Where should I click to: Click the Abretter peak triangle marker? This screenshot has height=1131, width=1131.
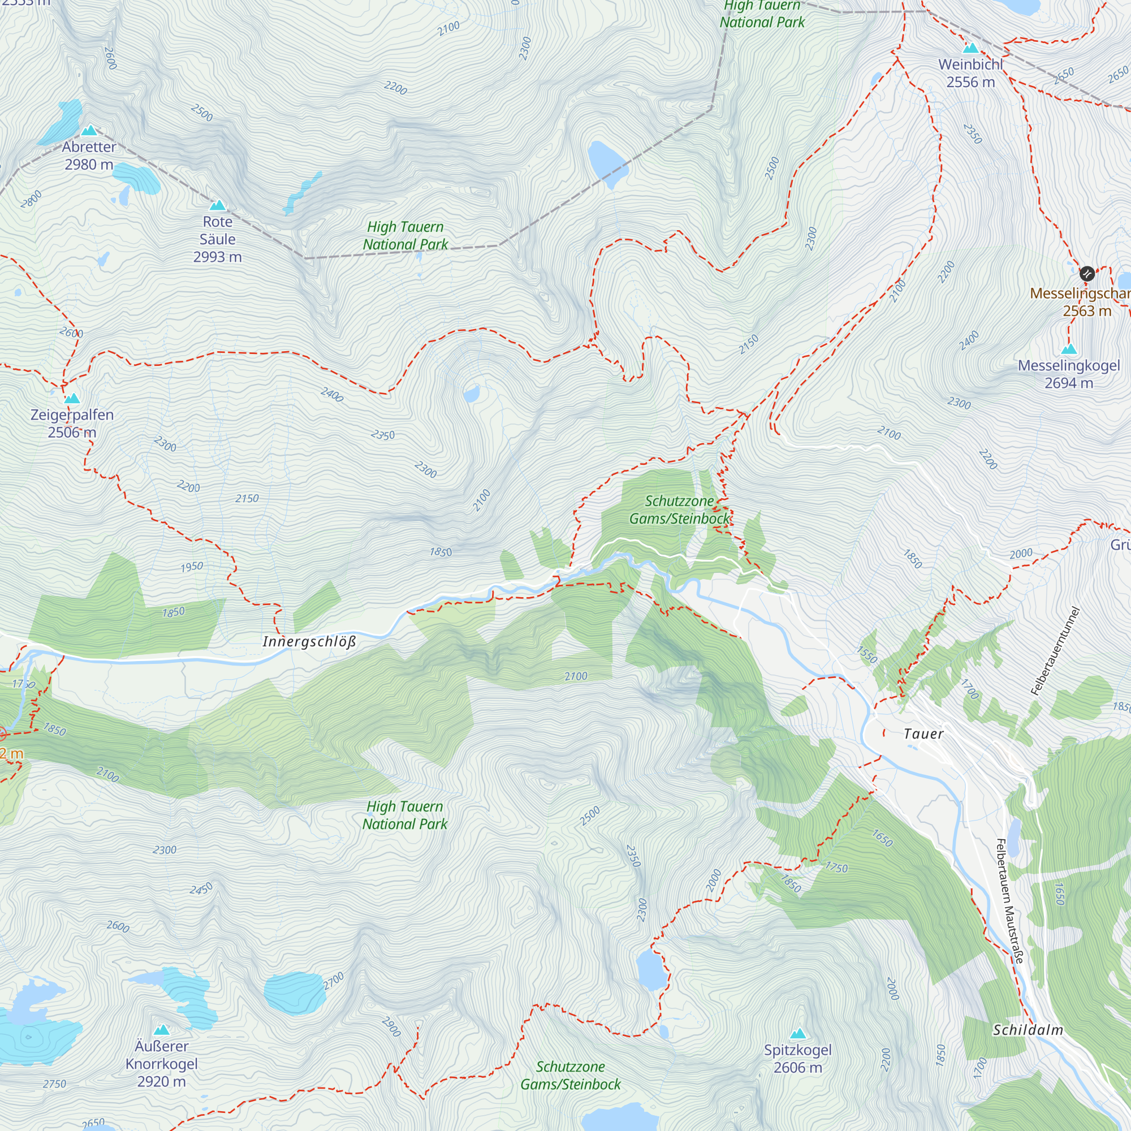click(89, 130)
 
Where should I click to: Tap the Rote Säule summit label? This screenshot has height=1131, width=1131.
click(217, 239)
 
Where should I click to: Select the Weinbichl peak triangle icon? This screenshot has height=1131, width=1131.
click(970, 48)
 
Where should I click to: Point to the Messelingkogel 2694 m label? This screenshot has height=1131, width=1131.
click(1068, 374)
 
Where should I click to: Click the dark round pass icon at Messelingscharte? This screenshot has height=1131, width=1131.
click(1086, 273)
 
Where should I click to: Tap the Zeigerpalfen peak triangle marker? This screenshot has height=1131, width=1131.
click(72, 399)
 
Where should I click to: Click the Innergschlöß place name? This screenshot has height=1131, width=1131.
click(309, 642)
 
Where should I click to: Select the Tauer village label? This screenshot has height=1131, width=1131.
click(923, 733)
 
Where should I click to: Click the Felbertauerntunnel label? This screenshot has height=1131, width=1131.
click(1054, 651)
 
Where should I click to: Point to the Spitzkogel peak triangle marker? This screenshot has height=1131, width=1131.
click(798, 1034)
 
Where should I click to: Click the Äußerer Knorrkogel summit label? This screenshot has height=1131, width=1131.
click(162, 1064)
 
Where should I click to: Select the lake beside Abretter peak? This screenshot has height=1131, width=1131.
click(63, 122)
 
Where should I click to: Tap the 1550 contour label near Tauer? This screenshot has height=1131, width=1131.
click(867, 654)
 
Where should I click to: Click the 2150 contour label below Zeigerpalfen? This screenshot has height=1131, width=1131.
click(247, 498)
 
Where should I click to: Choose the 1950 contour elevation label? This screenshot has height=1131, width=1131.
click(192, 567)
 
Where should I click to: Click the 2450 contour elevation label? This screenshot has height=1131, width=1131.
click(201, 889)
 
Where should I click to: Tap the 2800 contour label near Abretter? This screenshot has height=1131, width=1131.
click(31, 199)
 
